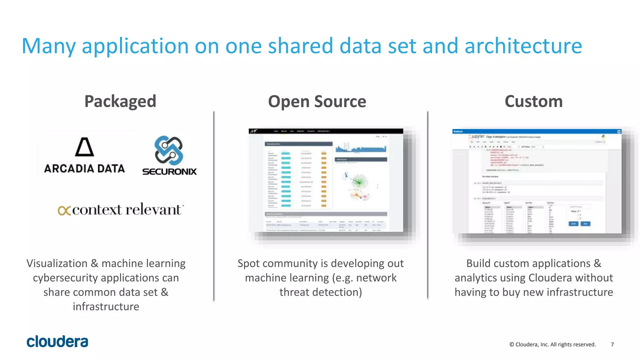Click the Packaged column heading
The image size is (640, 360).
click(x=120, y=102)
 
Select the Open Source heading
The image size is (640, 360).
click(x=317, y=102)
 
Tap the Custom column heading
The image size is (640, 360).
click(x=533, y=102)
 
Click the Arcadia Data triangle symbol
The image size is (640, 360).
click(x=84, y=147)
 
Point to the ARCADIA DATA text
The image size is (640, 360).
click(x=84, y=169)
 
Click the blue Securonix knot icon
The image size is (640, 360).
click(x=169, y=150)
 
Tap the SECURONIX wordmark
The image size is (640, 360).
click(x=169, y=171)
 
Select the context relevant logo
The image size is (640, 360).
click(x=121, y=210)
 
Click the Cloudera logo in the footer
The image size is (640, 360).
click(x=57, y=342)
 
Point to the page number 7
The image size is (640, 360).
click(x=612, y=344)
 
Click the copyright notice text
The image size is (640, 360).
click(x=552, y=344)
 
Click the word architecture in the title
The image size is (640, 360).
click(x=523, y=46)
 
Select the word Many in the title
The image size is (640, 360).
click(x=48, y=46)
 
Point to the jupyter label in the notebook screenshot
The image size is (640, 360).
click(x=477, y=137)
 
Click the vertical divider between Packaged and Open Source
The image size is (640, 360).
click(x=214, y=206)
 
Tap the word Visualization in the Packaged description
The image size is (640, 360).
click(x=57, y=263)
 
